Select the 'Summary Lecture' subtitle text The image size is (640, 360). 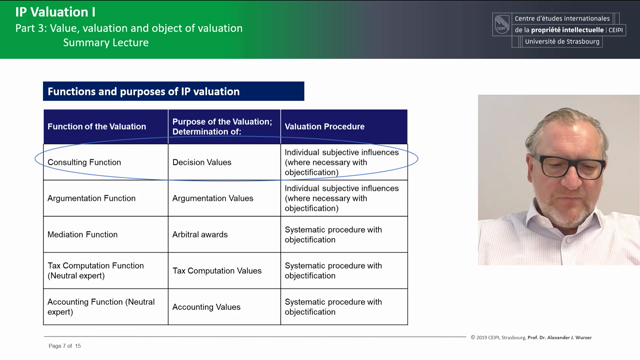point(105,43)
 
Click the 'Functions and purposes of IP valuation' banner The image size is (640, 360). point(142,92)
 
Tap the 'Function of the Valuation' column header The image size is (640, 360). point(97,127)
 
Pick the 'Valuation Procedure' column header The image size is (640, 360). point(324,127)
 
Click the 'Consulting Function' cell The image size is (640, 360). point(84,162)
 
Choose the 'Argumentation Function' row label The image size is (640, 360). point(91,198)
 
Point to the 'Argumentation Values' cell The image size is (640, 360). point(212,198)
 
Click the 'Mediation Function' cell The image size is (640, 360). point(82,235)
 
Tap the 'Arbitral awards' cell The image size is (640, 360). point(200,235)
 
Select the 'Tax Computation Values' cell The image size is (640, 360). point(216,271)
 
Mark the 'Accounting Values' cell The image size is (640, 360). point(206,307)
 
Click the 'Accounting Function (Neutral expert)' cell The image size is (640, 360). point(101,307)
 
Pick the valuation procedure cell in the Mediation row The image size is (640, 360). point(333,235)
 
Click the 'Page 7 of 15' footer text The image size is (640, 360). point(64,346)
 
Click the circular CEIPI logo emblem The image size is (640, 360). point(501,25)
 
